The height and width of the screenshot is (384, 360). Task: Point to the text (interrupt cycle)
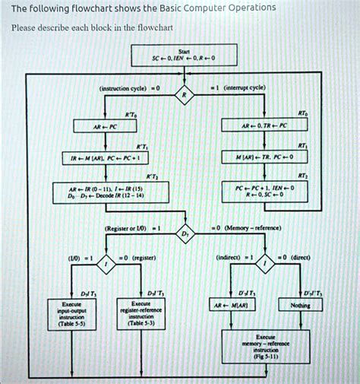(x=245, y=88)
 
